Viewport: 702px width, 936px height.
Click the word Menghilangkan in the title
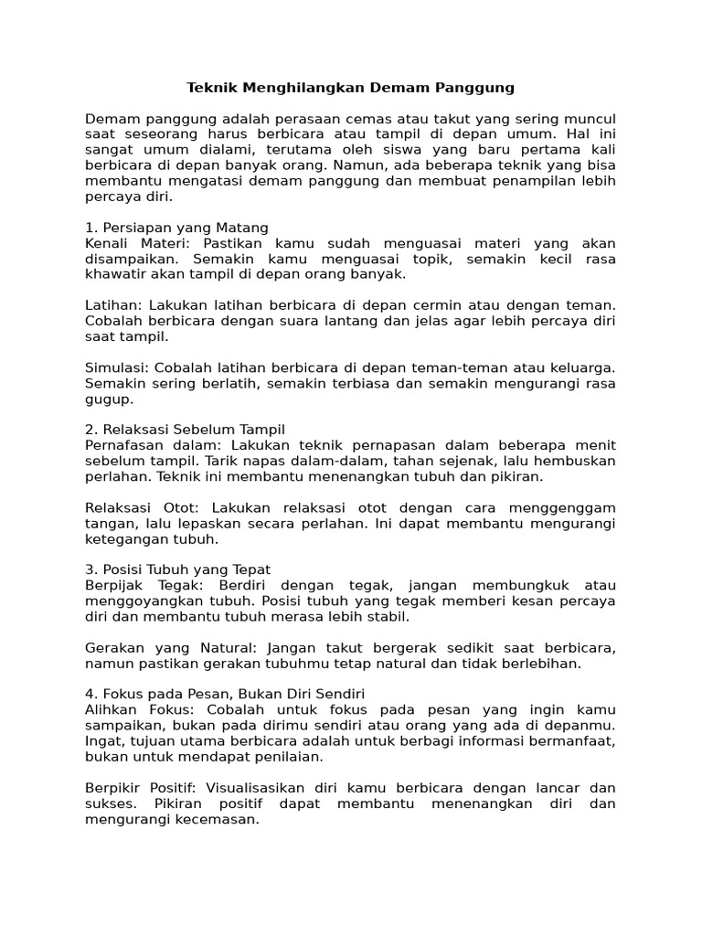(297, 88)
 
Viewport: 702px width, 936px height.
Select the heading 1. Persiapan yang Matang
(176, 228)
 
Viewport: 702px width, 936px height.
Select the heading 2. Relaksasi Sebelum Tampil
(186, 430)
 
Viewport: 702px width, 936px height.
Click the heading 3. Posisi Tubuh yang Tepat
(177, 569)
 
